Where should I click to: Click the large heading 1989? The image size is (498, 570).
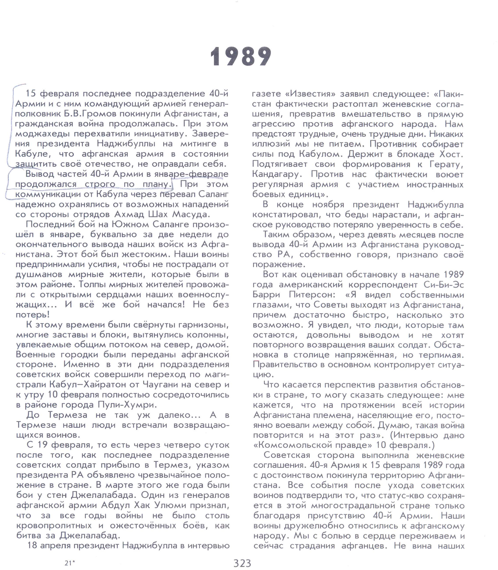(241, 57)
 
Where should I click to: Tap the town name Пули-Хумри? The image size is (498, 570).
(127, 405)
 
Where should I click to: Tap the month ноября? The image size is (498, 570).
(328, 205)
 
